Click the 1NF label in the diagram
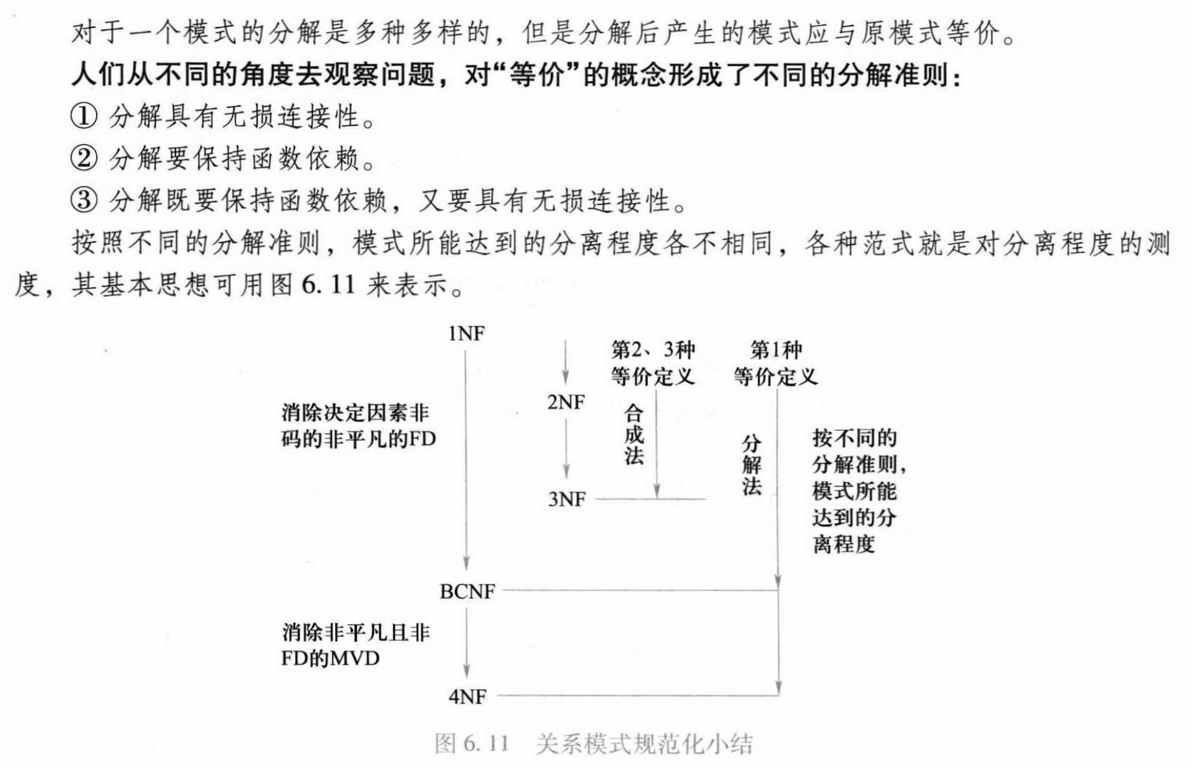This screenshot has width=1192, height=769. tap(466, 334)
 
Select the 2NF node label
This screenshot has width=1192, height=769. tap(566, 403)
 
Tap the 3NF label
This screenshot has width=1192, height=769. tap(567, 500)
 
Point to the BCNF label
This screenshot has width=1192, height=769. tap(467, 591)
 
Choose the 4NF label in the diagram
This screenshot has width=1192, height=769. tap(467, 697)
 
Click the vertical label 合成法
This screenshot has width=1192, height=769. tap(633, 435)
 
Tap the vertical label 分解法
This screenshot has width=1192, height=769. tap(751, 465)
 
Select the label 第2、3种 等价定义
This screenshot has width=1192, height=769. tap(653, 363)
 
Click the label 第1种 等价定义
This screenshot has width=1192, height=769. tap(776, 363)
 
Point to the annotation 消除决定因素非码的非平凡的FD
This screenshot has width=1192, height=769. tap(358, 426)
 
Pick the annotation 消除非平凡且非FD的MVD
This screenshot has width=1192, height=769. tap(356, 646)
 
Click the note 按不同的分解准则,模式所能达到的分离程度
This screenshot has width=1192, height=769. tap(857, 491)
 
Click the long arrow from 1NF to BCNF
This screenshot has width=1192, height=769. tap(466, 462)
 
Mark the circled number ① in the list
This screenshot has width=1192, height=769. tap(84, 117)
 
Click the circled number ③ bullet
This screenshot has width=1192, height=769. tap(84, 200)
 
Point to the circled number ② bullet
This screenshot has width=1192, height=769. tap(84, 158)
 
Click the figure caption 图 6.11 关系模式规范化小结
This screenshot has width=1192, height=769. tap(594, 744)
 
